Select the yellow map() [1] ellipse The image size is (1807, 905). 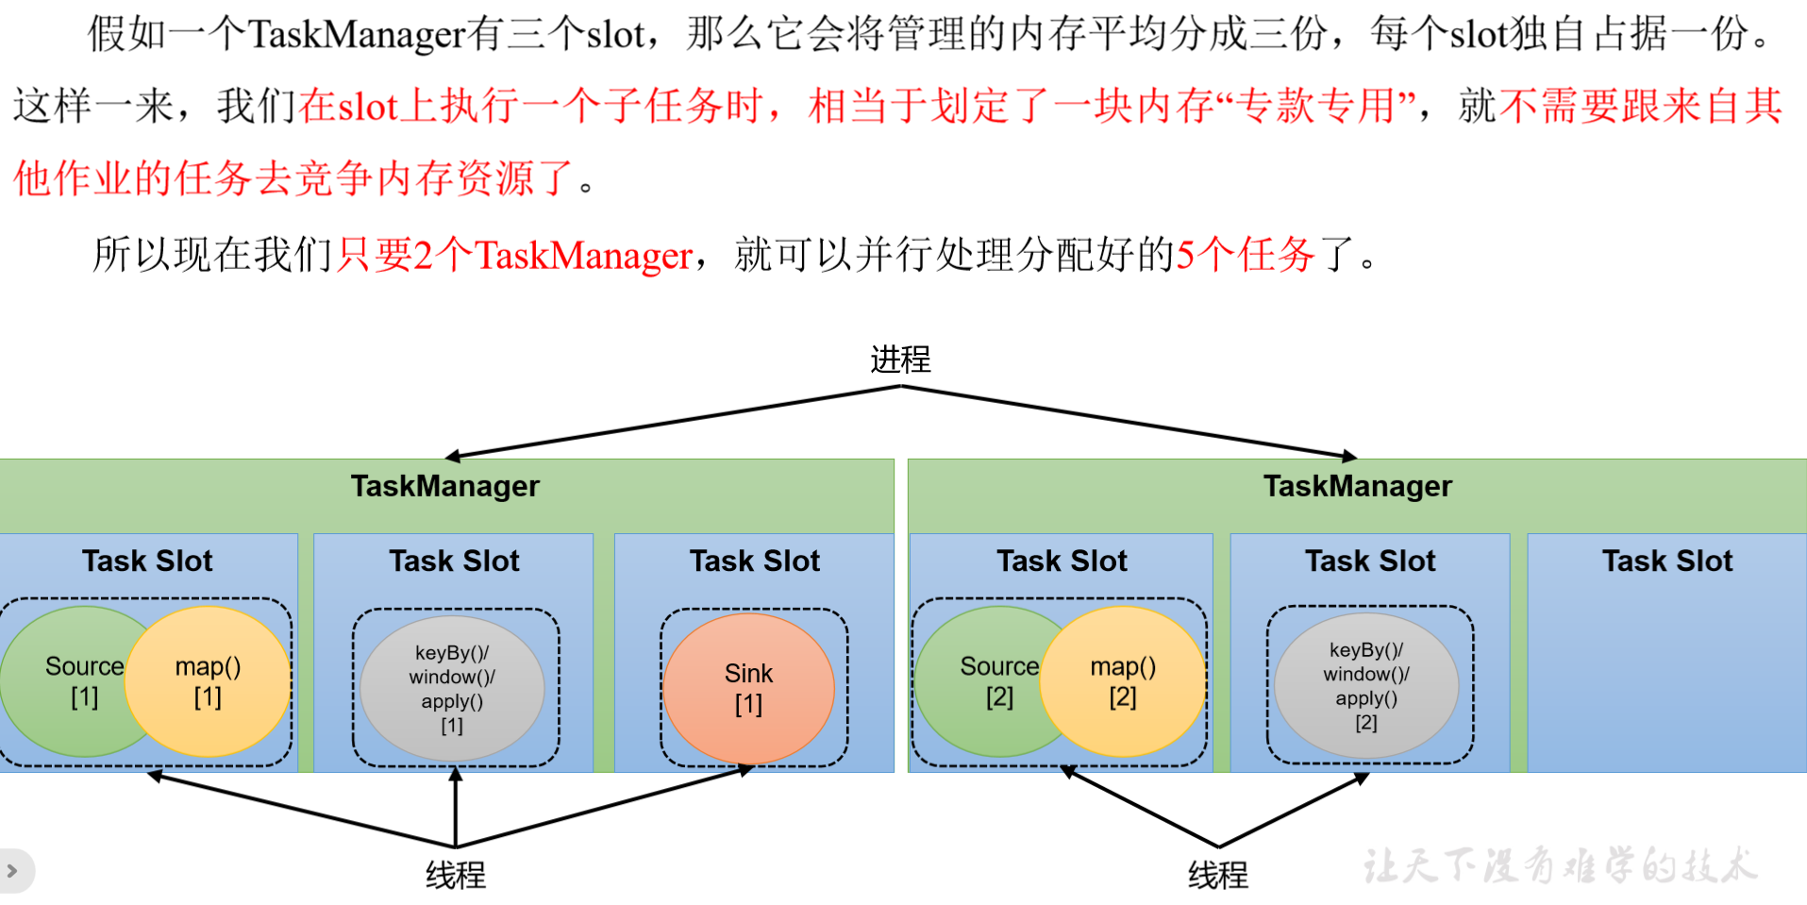click(x=209, y=681)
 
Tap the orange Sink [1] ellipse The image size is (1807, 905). click(x=749, y=688)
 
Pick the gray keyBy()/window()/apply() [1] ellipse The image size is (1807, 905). click(x=452, y=689)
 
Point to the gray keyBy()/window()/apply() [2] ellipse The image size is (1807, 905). click(x=1366, y=686)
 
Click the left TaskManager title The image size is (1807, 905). click(x=445, y=486)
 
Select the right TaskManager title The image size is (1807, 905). click(x=1357, y=486)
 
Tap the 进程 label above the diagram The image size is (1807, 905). click(x=900, y=360)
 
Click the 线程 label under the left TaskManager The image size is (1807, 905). click(x=456, y=876)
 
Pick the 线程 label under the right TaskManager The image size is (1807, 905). click(x=1218, y=876)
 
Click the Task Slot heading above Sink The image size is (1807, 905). click(x=755, y=561)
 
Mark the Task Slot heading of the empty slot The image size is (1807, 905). click(x=1667, y=561)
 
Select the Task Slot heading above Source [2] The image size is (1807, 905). click(x=1062, y=561)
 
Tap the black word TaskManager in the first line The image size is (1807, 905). click(x=358, y=35)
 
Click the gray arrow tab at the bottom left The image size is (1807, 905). click(x=13, y=870)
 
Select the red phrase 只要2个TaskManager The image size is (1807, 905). click(x=515, y=255)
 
